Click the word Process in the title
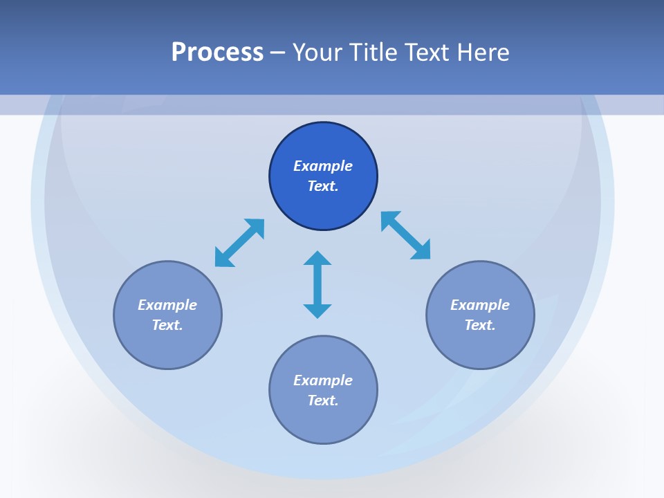coord(217,53)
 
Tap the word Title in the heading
coord(376,53)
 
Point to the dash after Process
coord(277,53)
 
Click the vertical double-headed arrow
coord(317,285)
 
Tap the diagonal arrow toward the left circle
coord(239,243)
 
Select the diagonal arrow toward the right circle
coord(406,235)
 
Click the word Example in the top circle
coord(323,166)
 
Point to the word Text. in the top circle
coord(323,186)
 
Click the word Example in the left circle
coord(167,305)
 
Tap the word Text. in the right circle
coord(480,325)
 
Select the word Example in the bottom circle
coord(323,380)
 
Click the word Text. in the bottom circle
coord(323,400)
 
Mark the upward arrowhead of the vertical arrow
coord(317,258)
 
